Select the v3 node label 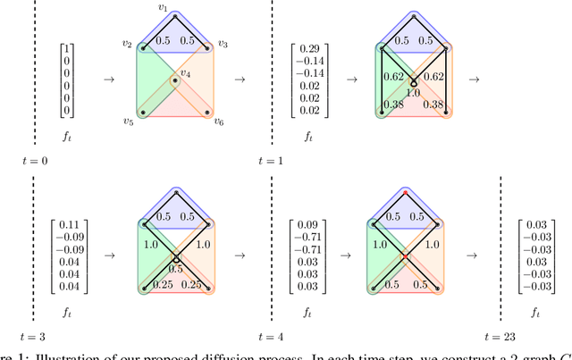coord(223,45)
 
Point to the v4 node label coord(185,73)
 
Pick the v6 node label coord(219,122)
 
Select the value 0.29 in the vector coord(308,46)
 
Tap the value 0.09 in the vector coord(308,225)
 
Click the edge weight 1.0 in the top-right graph coord(413,92)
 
